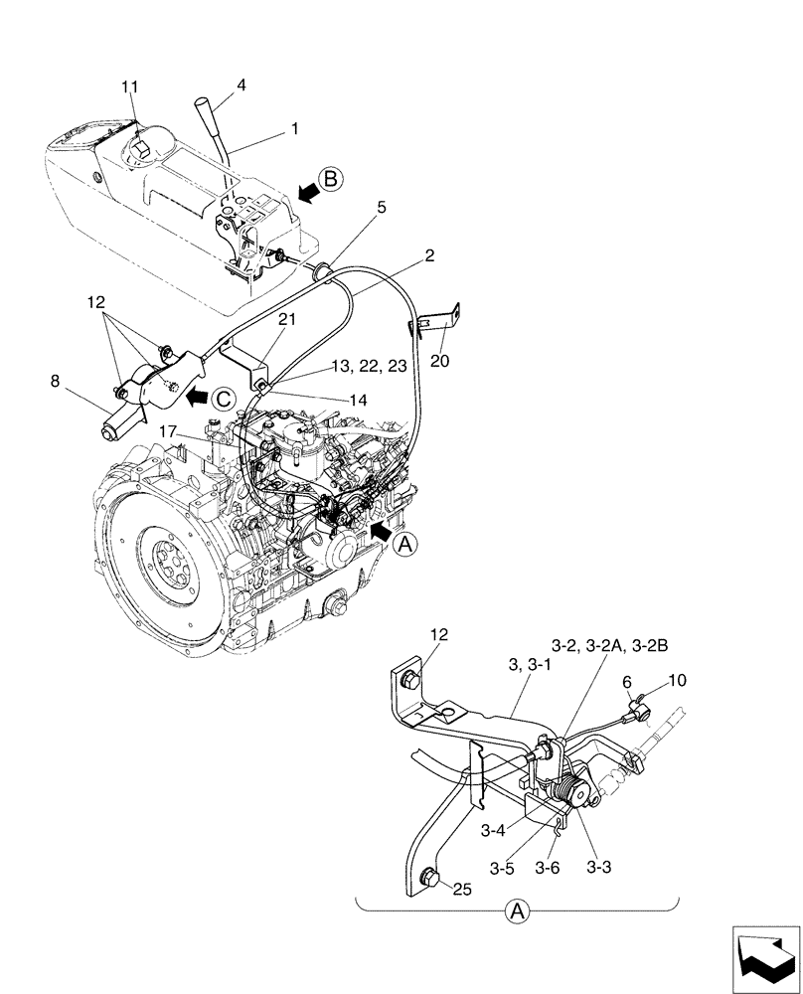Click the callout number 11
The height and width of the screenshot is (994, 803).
129,88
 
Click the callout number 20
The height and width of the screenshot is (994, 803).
439,361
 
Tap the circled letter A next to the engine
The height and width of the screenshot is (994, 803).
403,544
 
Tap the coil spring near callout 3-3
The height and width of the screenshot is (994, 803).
574,796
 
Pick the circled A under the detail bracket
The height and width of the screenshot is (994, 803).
516,911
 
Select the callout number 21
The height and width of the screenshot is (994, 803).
258,318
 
